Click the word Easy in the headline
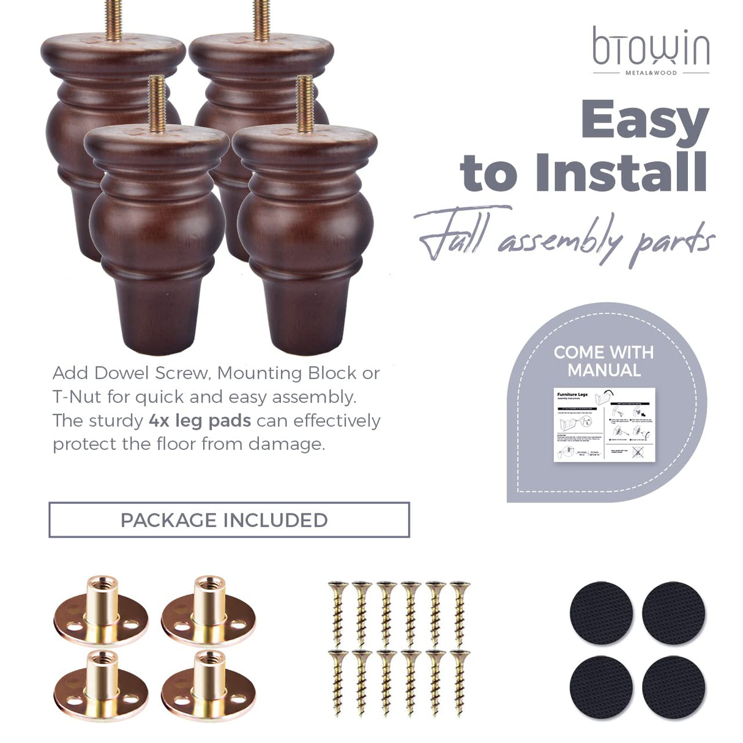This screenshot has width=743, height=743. [644, 121]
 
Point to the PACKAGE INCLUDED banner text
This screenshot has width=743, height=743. [224, 520]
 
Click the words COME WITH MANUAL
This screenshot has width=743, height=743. [603, 361]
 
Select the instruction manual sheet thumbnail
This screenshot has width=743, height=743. [604, 425]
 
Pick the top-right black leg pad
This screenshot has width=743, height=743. [673, 613]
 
